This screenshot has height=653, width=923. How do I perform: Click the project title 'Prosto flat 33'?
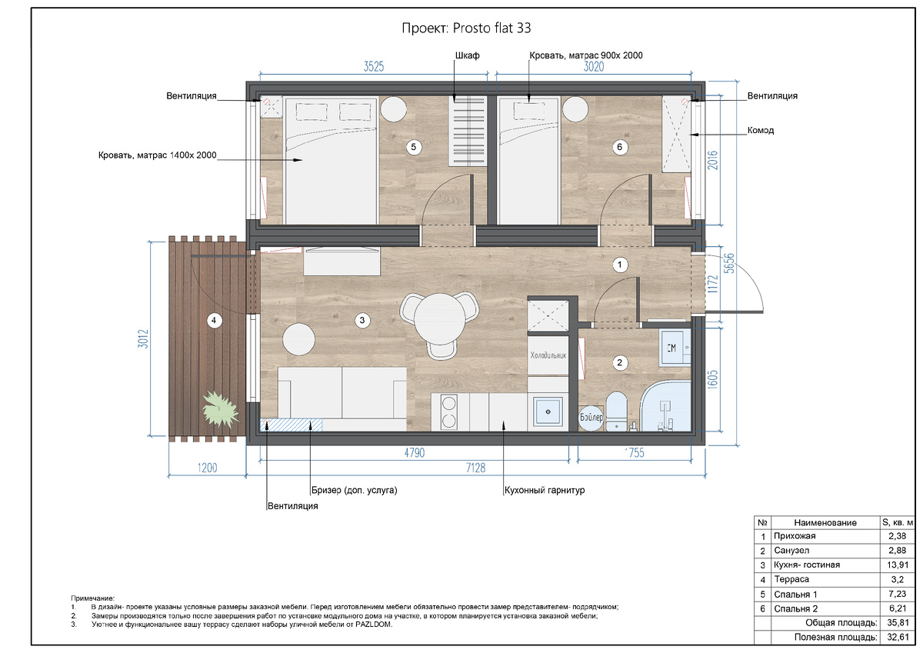[491, 28]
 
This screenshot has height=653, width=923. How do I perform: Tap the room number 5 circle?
[413, 147]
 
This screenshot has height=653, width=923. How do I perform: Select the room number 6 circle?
[619, 147]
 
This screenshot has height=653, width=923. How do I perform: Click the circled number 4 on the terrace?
[214, 320]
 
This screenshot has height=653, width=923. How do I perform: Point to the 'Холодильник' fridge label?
[548, 355]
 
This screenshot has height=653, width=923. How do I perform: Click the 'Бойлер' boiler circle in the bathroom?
[591, 418]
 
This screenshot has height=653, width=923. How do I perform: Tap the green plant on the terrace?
[220, 409]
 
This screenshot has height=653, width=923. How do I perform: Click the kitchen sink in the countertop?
[548, 411]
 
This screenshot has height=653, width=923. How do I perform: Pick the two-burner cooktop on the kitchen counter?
[448, 411]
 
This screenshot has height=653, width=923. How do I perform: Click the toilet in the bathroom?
[616, 411]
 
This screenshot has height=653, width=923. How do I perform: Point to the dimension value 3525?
[373, 67]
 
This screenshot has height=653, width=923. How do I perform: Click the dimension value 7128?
[475, 468]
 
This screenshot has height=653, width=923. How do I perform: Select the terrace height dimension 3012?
[143, 338]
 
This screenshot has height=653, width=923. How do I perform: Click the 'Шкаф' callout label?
[468, 55]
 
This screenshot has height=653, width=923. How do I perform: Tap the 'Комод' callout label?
[761, 130]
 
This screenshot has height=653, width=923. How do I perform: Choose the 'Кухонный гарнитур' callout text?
[545, 490]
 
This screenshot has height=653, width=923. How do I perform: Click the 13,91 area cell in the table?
[898, 565]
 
